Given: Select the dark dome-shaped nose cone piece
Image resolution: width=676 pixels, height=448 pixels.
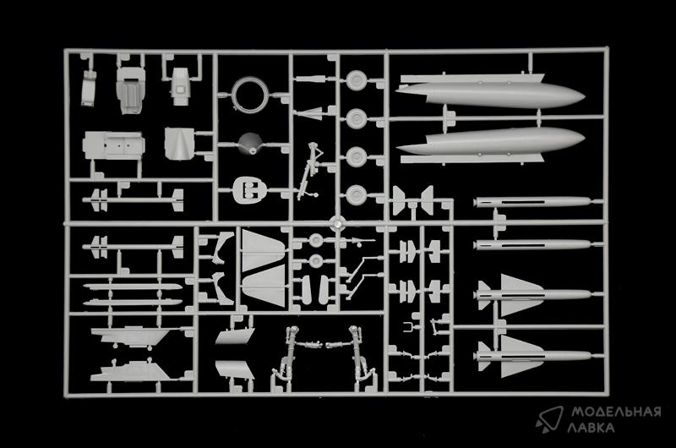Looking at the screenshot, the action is click(250, 144).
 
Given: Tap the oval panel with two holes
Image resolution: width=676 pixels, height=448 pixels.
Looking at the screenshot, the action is click(248, 189).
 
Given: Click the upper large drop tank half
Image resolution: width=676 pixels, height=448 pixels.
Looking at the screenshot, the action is click(490, 95).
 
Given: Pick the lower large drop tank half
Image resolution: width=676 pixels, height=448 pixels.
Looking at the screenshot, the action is click(490, 141).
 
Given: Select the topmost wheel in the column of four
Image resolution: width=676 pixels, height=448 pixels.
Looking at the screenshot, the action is click(356, 80).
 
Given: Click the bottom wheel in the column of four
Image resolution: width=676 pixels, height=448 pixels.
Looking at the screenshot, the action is click(356, 195).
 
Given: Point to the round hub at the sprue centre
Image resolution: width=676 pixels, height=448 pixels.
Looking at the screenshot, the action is click(336, 223).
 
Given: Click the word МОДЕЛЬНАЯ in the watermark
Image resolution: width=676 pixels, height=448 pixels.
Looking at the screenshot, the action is click(616, 412).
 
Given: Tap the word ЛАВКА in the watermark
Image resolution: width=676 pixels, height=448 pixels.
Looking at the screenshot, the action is click(591, 428).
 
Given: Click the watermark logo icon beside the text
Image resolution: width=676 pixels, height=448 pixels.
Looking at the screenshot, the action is click(550, 418).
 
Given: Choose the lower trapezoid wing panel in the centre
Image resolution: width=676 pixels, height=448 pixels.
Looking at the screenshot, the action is click(264, 286).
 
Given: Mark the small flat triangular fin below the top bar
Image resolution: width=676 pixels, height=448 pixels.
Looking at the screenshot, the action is click(311, 113).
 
